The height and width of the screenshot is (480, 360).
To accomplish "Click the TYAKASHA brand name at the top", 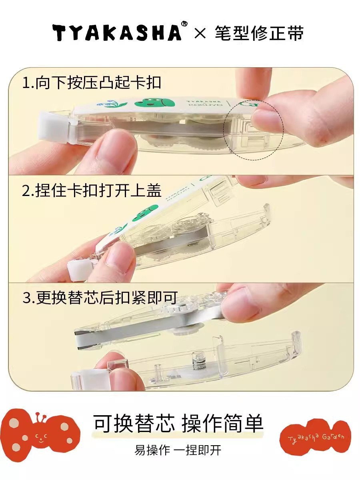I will point(116,32).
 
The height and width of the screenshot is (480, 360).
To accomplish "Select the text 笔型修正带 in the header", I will point(259,33).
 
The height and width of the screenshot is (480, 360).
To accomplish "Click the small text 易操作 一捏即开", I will point(178,450).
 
